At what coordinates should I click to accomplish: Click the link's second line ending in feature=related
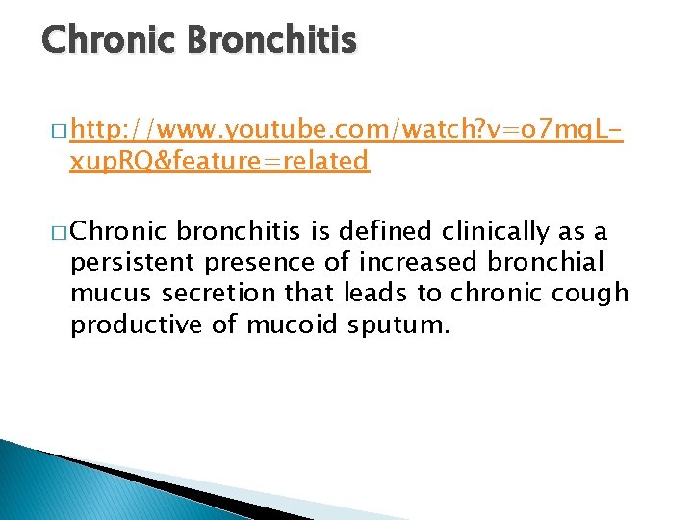pyautogui.click(x=219, y=160)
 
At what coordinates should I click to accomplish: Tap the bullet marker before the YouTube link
pyautogui.click(x=57, y=130)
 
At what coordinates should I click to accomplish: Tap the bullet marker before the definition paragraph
pyautogui.click(x=57, y=232)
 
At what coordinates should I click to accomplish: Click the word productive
pyautogui.click(x=135, y=325)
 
